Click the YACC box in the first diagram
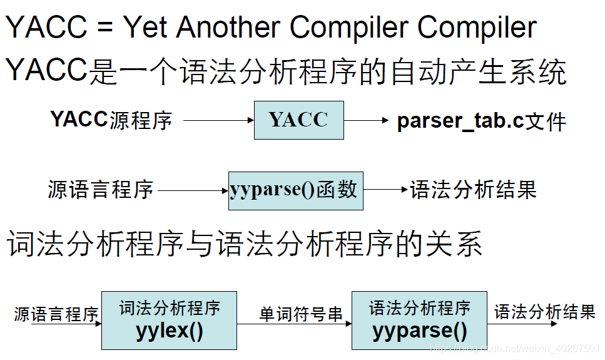pyautogui.click(x=298, y=120)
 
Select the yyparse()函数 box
pyautogui.click(x=295, y=190)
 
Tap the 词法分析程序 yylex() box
pyautogui.click(x=169, y=320)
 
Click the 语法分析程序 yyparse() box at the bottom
pyautogui.click(x=419, y=320)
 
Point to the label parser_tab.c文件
pyautogui.click(x=481, y=121)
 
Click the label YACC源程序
pyautogui.click(x=111, y=120)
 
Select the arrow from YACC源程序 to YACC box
pyautogui.click(x=218, y=120)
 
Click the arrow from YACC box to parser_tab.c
pyautogui.click(x=367, y=120)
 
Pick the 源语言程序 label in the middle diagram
pyautogui.click(x=100, y=190)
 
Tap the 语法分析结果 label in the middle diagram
pyautogui.click(x=473, y=190)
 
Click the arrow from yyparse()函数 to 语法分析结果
pyautogui.click(x=385, y=190)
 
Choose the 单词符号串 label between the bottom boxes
pyautogui.click(x=294, y=314)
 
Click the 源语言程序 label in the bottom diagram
pyautogui.click(x=56, y=314)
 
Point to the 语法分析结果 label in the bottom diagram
pyautogui.click(x=544, y=312)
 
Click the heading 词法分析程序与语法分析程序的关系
pyautogui.click(x=244, y=244)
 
